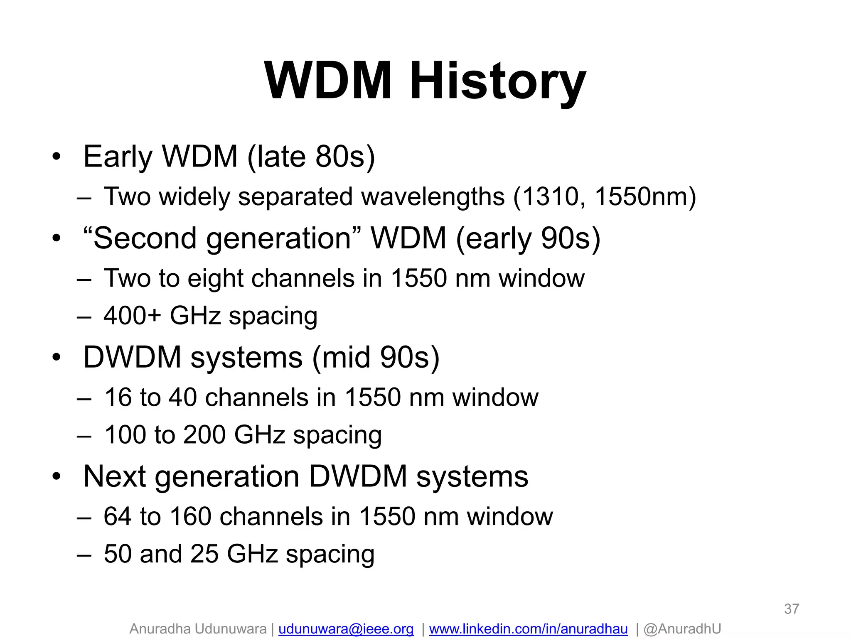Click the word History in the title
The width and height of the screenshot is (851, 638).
497,81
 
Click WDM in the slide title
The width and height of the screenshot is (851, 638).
328,81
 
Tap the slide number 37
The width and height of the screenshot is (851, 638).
791,609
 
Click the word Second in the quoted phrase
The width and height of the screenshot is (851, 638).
145,238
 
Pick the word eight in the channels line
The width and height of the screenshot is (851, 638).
215,278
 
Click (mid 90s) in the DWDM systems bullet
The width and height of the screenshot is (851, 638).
376,357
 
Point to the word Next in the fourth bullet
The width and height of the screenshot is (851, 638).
114,476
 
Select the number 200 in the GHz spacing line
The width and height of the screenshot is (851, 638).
205,435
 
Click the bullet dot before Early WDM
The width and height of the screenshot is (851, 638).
57,157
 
